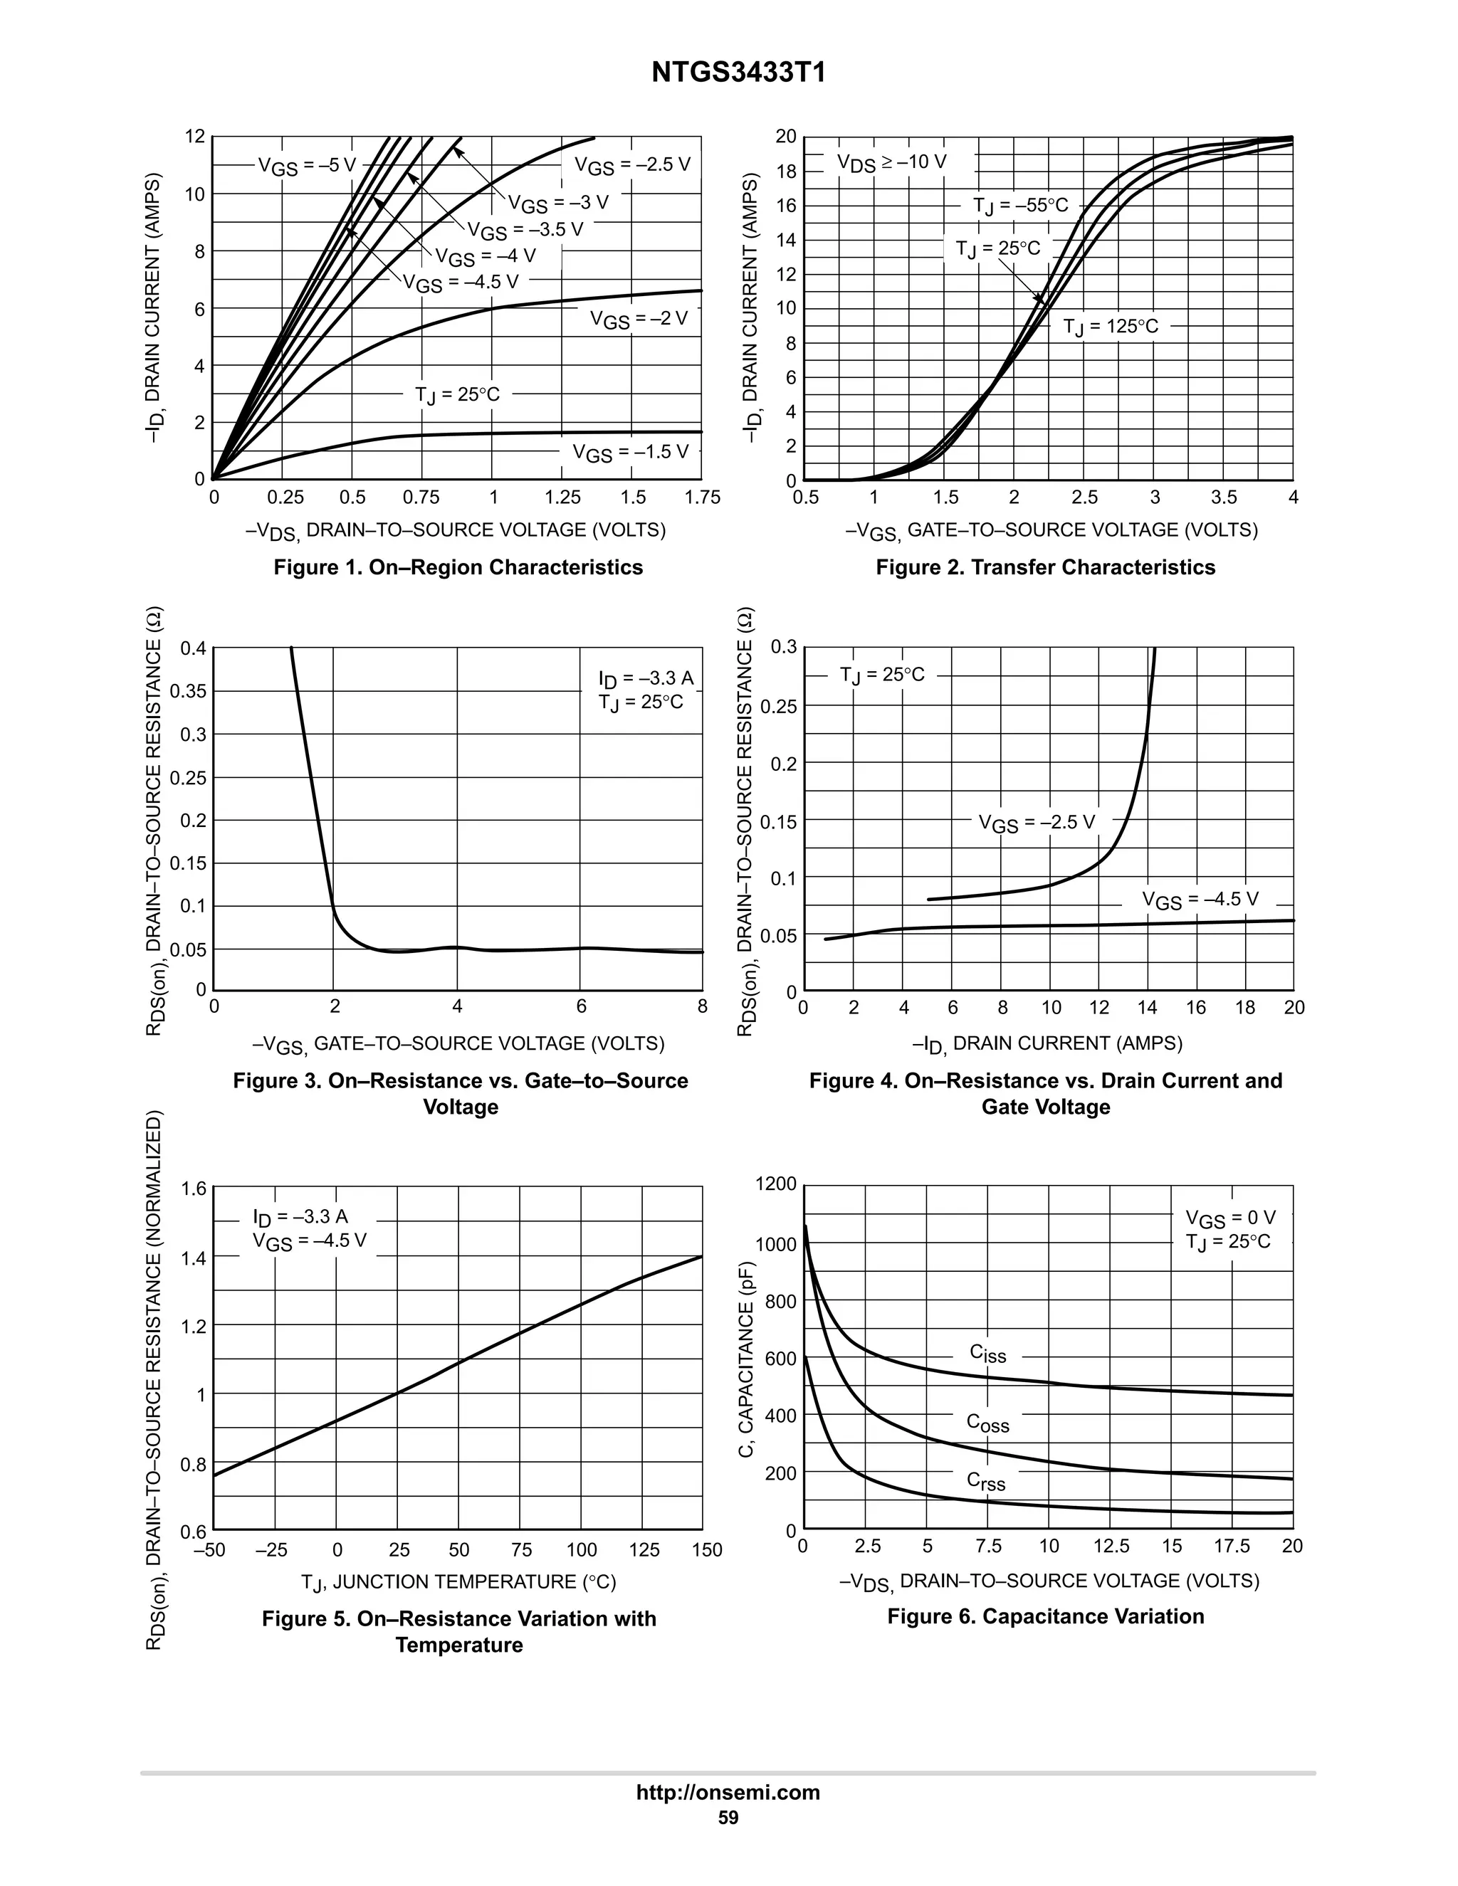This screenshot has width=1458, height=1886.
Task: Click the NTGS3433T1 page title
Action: coord(738,73)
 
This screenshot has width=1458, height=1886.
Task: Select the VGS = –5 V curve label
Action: coord(307,166)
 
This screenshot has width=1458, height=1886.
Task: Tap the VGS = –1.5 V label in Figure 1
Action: coord(631,453)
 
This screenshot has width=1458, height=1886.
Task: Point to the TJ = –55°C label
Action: coord(1020,206)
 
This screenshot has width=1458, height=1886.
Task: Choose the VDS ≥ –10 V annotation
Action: coord(891,162)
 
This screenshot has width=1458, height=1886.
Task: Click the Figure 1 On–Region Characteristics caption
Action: coord(458,567)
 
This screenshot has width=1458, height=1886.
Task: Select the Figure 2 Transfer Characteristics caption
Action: coord(1045,567)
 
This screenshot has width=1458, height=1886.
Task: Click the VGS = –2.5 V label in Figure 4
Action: coord(1037,823)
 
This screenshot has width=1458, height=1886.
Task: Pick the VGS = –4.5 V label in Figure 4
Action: coord(1200,900)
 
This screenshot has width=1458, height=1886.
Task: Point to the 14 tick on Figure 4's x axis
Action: coord(1147,1008)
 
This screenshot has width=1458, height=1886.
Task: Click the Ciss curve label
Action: coord(987,1354)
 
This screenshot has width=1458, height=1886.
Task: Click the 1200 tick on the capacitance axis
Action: coord(776,1184)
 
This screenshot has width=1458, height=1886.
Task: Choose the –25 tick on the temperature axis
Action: coord(271,1550)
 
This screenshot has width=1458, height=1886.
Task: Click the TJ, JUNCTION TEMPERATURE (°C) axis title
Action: coord(458,1582)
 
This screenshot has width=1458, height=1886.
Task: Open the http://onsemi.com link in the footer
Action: coord(728,1793)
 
